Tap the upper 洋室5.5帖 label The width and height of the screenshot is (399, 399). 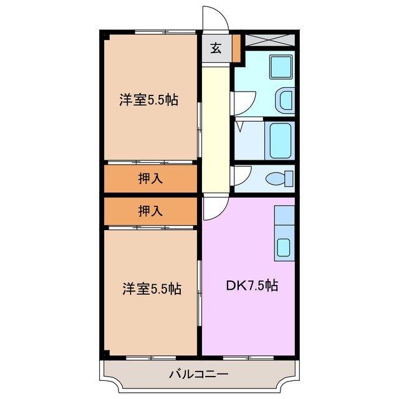(150, 100)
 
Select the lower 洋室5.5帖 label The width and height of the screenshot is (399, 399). (151, 289)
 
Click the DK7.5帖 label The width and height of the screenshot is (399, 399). (251, 287)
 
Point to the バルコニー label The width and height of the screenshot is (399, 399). (199, 375)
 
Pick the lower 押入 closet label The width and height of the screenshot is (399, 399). (150, 211)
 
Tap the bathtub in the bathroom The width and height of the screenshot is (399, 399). (280, 141)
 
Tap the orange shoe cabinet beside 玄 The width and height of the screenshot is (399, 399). (236, 49)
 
